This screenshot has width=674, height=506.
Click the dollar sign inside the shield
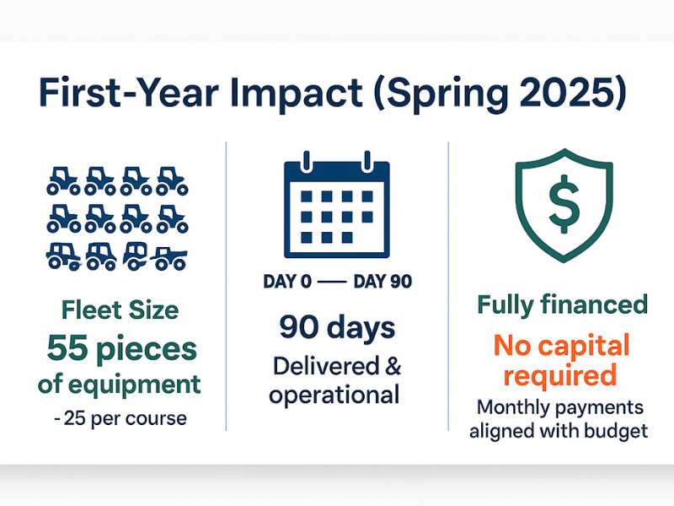pyautogui.click(x=564, y=204)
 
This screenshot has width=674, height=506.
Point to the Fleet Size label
pyautogui.click(x=120, y=310)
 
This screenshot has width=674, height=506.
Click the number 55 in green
pyautogui.click(x=67, y=348)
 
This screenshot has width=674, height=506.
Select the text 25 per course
pyautogui.click(x=125, y=418)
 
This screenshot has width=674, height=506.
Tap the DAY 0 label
pyautogui.click(x=287, y=282)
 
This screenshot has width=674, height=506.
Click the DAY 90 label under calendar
pyautogui.click(x=382, y=282)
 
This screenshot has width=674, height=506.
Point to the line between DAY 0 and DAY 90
pyautogui.click(x=332, y=283)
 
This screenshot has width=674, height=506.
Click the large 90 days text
pyautogui.click(x=337, y=328)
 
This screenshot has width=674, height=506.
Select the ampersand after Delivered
pyautogui.click(x=393, y=366)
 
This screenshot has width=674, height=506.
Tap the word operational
pyautogui.click(x=334, y=395)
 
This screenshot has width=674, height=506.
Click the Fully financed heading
pyautogui.click(x=562, y=304)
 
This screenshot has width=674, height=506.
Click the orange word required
pyautogui.click(x=560, y=376)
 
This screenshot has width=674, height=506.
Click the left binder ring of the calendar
pyautogui.click(x=306, y=162)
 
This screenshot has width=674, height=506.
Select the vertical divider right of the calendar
pyautogui.click(x=448, y=286)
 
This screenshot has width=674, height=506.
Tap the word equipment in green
pyautogui.click(x=134, y=385)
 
